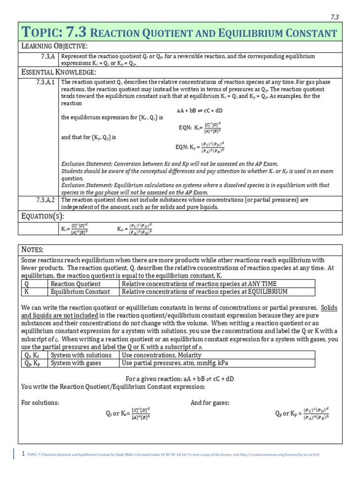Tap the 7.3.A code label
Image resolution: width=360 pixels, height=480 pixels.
(47, 56)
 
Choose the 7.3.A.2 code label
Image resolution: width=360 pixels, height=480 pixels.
(45, 200)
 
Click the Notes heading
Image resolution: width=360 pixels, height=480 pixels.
(33, 250)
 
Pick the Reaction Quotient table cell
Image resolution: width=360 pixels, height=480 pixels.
(75, 284)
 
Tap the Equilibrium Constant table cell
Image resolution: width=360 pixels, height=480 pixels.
(80, 292)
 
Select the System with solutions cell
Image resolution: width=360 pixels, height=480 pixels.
(81, 355)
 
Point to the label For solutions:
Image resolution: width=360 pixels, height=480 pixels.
(40, 403)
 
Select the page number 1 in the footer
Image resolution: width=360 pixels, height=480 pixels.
(23, 453)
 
